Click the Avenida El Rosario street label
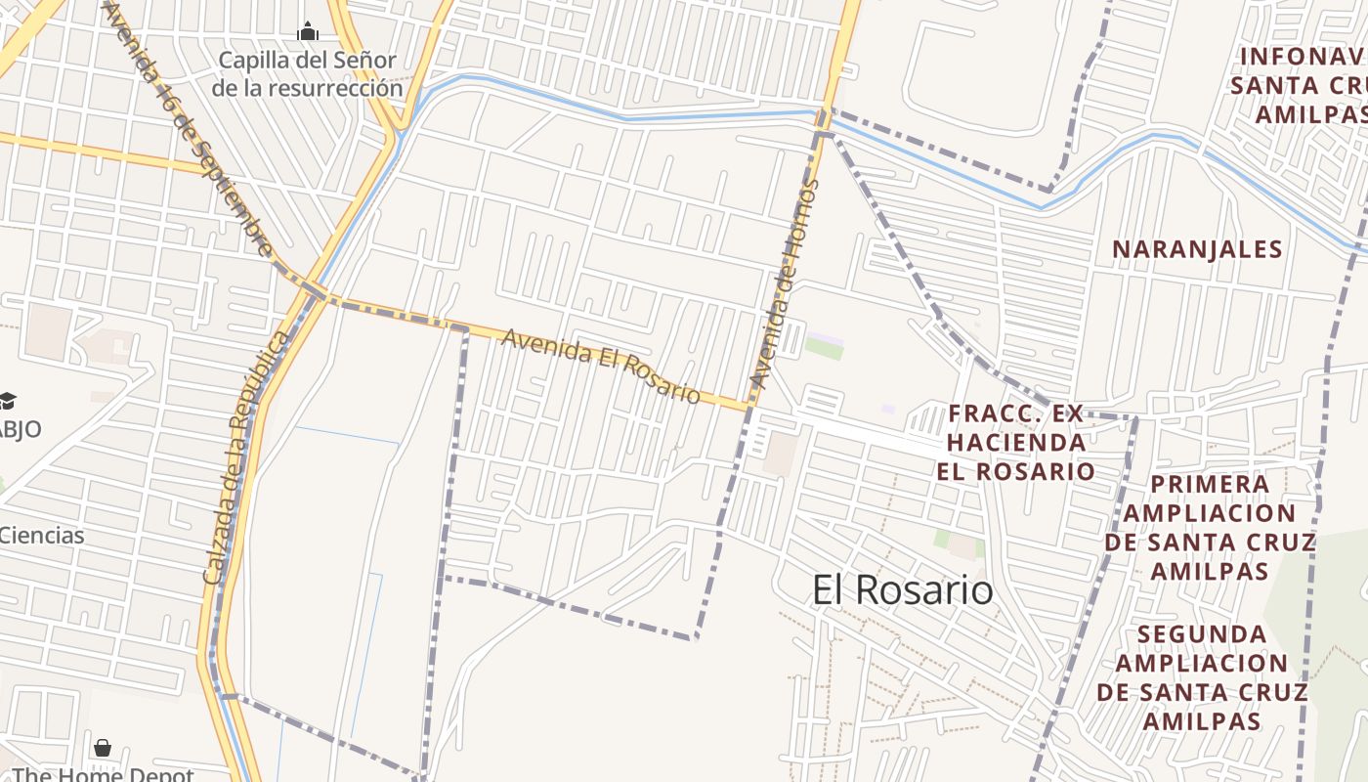coord(601,366)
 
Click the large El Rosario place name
coord(903,590)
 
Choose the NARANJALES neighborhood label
coord(1197,249)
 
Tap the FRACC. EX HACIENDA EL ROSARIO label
coord(1016,442)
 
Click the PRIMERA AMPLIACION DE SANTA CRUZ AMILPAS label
coord(1210,527)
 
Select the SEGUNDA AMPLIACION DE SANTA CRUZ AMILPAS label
coord(1202,677)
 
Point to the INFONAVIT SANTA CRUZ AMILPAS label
coord(1300,85)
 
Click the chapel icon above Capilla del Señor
coord(308,31)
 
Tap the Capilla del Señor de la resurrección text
coord(307,74)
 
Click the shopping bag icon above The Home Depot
coord(103,748)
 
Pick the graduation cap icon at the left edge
coord(7,401)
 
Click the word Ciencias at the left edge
coord(42,536)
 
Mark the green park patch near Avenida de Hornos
coord(824,347)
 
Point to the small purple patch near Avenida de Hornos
coord(887,409)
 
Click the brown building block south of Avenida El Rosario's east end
coord(781,454)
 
